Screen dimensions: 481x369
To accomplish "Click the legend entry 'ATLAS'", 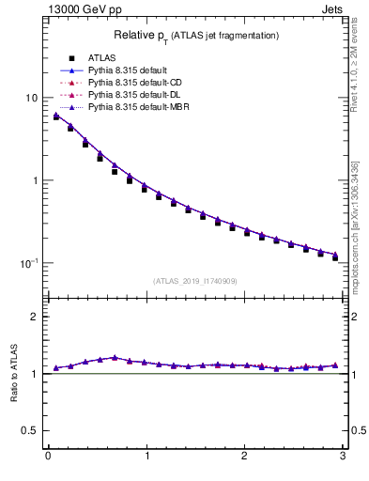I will tap(100, 58).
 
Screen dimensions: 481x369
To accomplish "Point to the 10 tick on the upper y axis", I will tap(31, 98).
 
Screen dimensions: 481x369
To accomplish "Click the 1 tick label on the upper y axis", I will tap(34, 180).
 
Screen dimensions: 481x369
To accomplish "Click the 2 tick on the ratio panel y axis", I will tap(34, 317).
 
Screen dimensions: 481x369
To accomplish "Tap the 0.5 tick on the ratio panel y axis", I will tap(30, 430).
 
